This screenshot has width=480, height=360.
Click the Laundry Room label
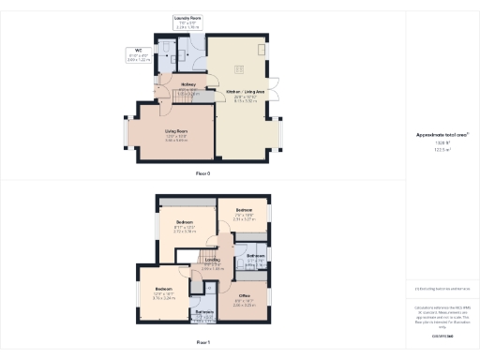pos(187,18)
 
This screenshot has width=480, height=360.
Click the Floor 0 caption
pos(202,174)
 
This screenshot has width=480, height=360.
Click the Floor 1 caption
pos(202,343)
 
